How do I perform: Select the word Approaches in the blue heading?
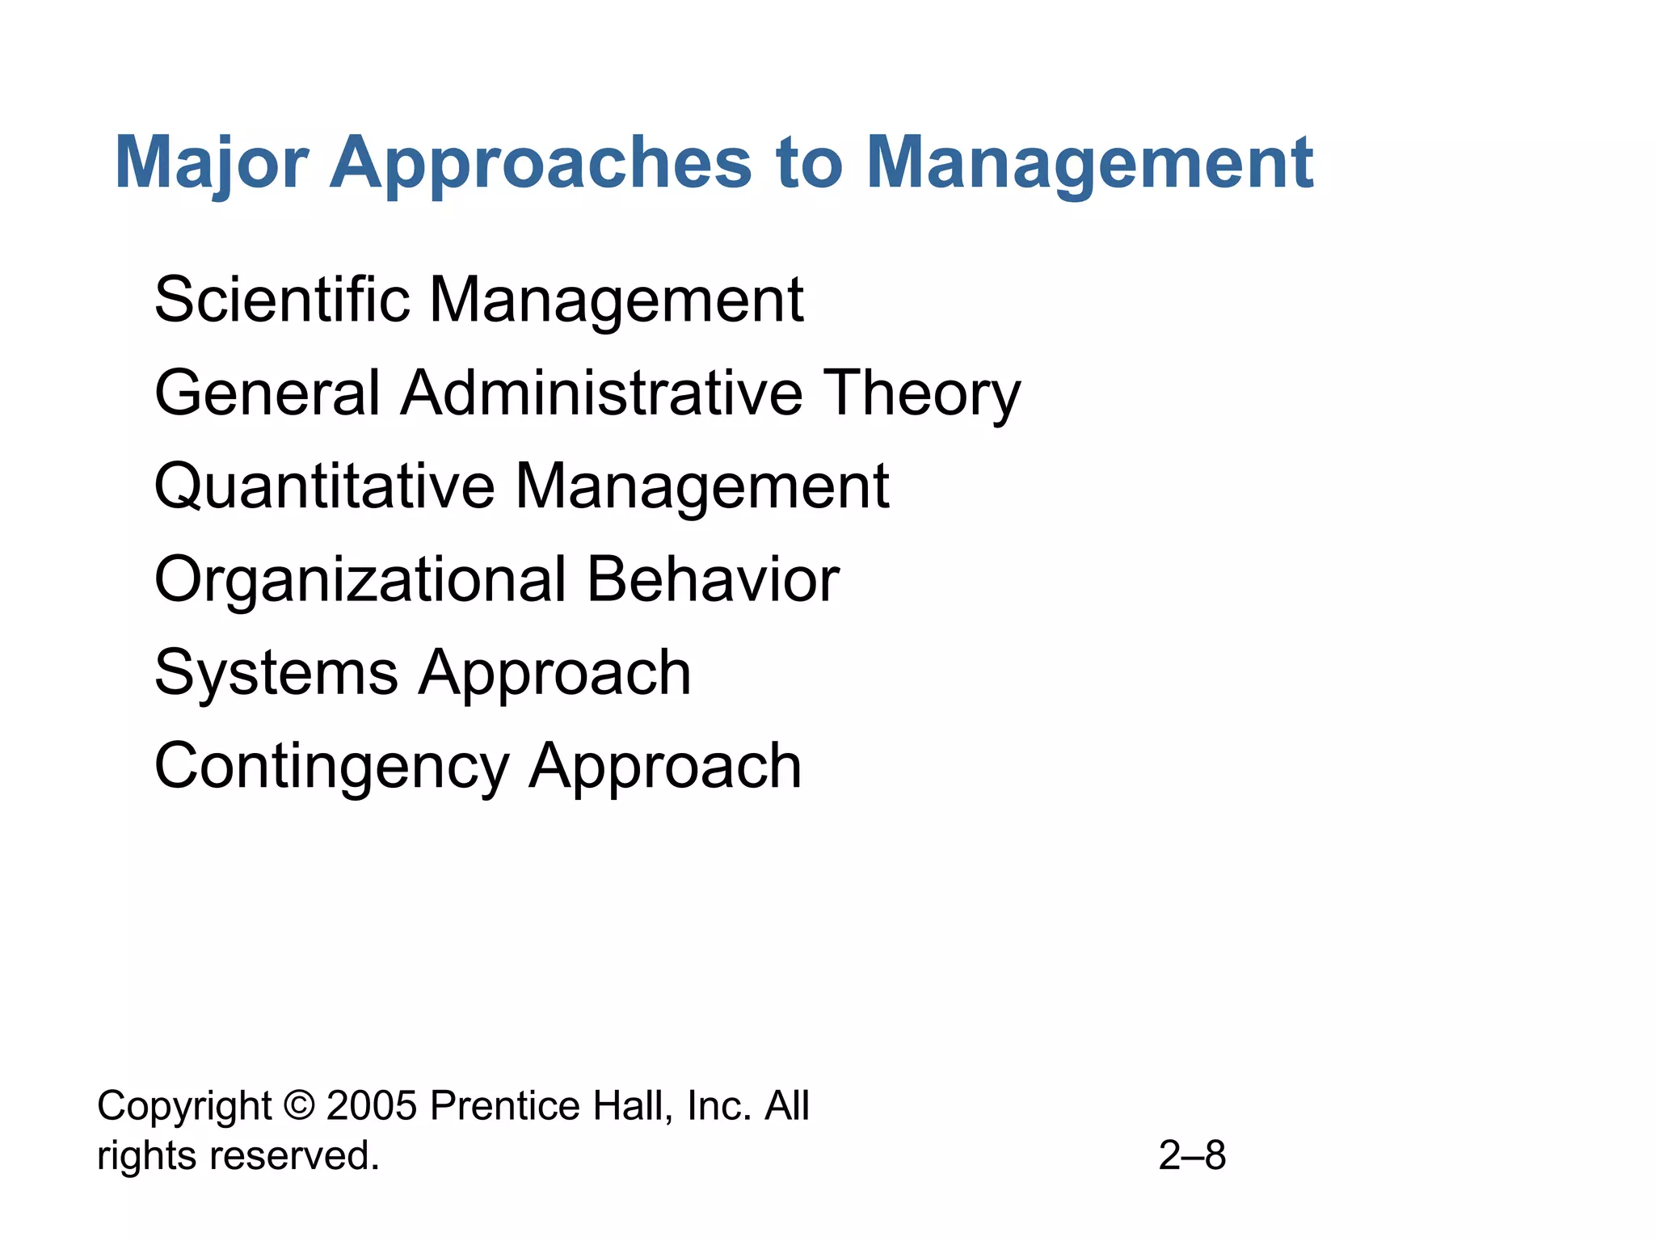point(541,163)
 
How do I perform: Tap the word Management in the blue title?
point(1089,163)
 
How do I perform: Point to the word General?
point(267,393)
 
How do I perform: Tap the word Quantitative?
point(324,486)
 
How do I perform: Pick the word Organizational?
point(360,579)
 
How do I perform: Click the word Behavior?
point(713,579)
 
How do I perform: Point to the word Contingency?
point(332,766)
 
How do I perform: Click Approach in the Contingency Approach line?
point(665,766)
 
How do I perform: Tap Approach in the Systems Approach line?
point(554,673)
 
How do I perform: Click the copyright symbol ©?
point(299,1106)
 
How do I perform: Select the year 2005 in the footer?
point(372,1106)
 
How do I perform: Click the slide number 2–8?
point(1192,1155)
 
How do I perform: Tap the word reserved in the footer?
point(294,1155)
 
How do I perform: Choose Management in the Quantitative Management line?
point(702,486)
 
